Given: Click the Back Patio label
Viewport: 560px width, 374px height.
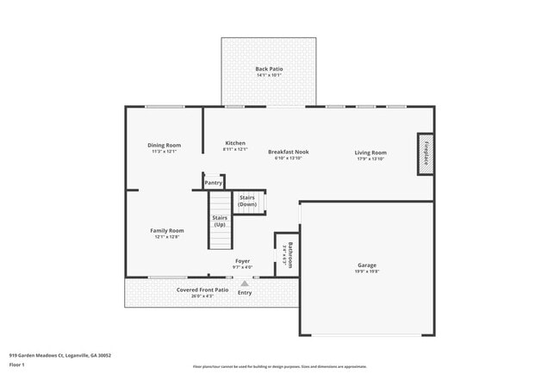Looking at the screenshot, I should (x=269, y=69).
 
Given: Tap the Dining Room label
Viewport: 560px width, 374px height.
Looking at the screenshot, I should (x=164, y=146).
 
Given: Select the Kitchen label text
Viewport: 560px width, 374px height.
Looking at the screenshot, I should (x=235, y=143).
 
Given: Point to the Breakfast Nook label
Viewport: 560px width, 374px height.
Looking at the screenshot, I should (x=288, y=152).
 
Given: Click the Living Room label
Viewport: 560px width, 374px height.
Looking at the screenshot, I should (x=370, y=153).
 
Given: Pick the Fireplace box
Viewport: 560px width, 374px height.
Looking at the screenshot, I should (x=425, y=154).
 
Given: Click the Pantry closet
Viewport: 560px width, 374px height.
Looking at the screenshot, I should (x=213, y=182).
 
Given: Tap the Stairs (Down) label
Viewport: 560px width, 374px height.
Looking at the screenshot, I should (x=247, y=201).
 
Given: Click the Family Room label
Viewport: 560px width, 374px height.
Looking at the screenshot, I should (x=167, y=230).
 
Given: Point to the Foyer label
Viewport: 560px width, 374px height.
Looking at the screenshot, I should (x=242, y=260).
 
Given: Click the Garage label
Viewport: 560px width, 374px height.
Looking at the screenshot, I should (x=367, y=265).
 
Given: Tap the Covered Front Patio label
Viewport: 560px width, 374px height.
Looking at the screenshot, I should (x=202, y=290).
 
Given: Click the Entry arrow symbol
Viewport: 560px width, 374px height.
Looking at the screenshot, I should (x=245, y=283).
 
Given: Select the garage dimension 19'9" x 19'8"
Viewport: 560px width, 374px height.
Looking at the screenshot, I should (x=367, y=271).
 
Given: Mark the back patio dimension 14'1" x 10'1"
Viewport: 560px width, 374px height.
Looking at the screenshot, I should (x=269, y=76).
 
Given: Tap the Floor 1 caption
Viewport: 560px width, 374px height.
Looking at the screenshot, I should (x=17, y=365).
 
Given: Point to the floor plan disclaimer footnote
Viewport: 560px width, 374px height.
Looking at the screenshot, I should (x=279, y=367).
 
